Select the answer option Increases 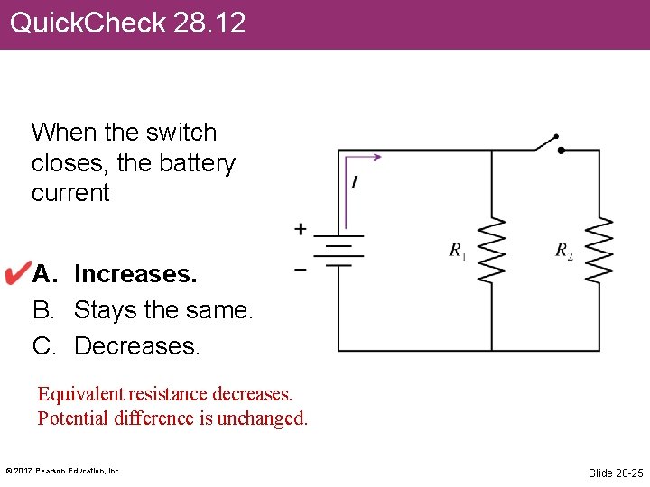[x=135, y=273]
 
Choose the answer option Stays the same [x=163, y=309]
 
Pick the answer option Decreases [x=136, y=345]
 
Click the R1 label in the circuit [x=458, y=251]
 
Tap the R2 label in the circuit [x=563, y=251]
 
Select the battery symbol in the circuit [x=339, y=252]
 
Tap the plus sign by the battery [x=300, y=230]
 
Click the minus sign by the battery [x=300, y=268]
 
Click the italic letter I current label [x=355, y=183]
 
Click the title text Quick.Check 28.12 [x=127, y=23]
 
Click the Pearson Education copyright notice [x=63, y=471]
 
